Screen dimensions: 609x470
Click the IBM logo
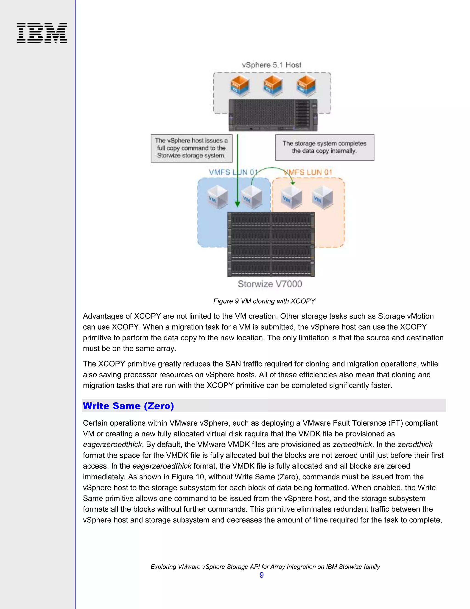[x=42, y=33]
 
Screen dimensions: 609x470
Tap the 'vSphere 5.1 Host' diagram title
[x=271, y=65]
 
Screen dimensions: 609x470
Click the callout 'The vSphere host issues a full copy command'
[x=192, y=148]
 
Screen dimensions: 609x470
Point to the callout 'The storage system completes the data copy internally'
[x=324, y=147]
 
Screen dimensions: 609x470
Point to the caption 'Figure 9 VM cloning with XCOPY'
[x=264, y=301]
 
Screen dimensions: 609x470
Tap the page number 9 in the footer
[x=261, y=575]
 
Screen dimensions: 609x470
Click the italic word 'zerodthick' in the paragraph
[x=415, y=444]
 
